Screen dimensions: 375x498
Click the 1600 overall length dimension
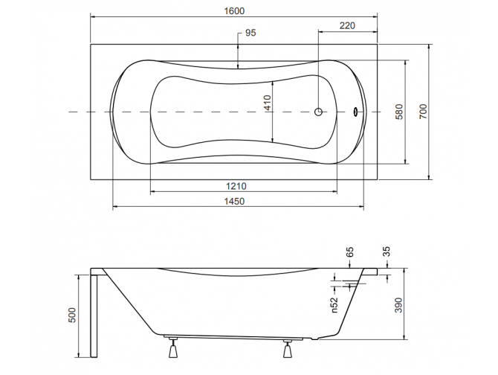234,10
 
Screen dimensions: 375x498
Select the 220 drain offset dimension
347,25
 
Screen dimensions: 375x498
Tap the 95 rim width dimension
250,33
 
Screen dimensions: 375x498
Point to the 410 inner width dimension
267,104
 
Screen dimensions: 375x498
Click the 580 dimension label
399,112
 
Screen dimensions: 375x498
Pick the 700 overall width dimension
423,112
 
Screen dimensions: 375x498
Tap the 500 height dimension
72,316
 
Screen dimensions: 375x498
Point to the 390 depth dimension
398,305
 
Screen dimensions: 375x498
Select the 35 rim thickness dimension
387,252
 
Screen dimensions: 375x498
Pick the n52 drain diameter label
334,304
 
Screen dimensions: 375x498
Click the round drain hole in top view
318,112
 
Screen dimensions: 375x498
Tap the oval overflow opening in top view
355,113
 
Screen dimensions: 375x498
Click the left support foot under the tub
174,348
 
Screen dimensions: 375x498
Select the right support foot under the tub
288,348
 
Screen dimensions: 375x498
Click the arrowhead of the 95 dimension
237,65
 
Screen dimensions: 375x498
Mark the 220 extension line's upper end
319,32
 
